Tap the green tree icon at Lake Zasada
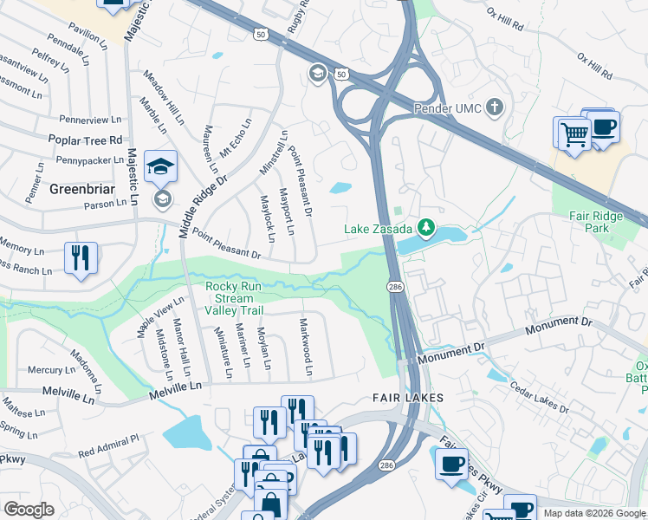pyautogui.click(x=425, y=228)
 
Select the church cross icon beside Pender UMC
pyautogui.click(x=495, y=107)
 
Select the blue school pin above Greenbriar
pyautogui.click(x=160, y=166)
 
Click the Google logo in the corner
pyautogui.click(x=29, y=509)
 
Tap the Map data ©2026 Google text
pyautogui.click(x=593, y=513)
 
